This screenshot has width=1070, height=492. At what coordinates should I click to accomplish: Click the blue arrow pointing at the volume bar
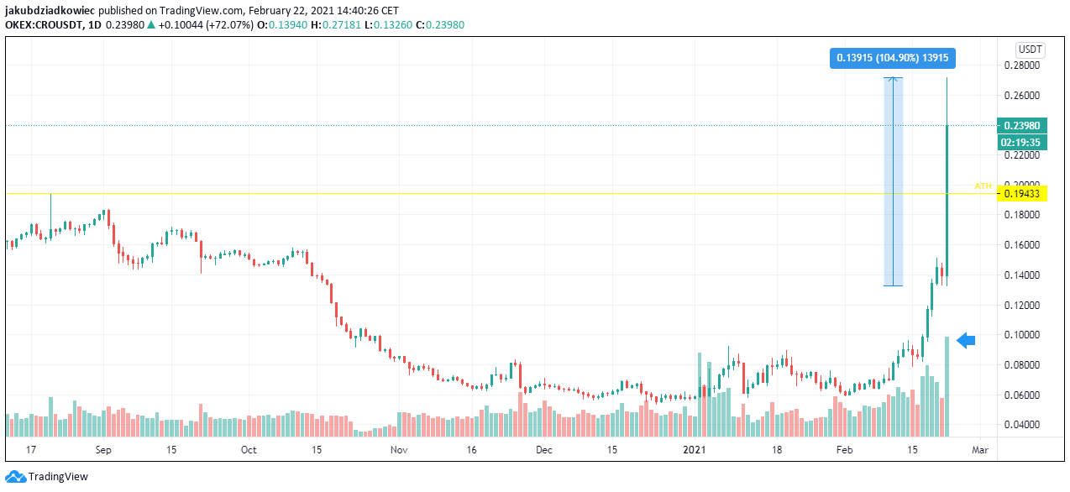(966, 340)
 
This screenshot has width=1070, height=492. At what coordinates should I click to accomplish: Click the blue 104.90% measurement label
(893, 58)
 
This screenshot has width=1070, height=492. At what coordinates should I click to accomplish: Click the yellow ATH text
(983, 186)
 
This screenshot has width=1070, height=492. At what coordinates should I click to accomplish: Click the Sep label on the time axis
(104, 450)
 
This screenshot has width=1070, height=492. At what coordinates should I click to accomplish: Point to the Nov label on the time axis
(399, 450)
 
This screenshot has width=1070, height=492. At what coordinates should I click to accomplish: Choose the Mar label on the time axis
(979, 450)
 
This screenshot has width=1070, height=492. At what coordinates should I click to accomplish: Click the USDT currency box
(1029, 49)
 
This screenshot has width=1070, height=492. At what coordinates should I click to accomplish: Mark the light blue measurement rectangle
(893, 181)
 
